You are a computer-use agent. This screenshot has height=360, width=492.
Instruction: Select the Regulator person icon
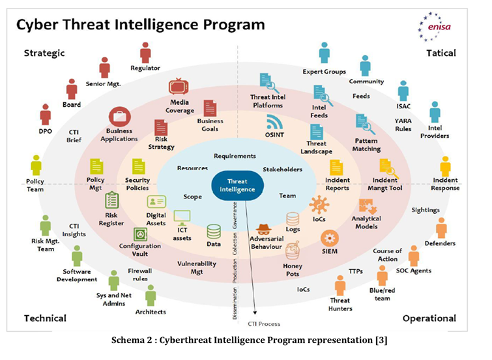(145, 52)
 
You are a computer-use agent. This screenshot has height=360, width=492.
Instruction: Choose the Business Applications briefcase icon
(119, 117)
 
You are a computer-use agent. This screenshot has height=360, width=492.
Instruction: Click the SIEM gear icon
(329, 237)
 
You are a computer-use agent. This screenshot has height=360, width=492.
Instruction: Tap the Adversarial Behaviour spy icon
(265, 230)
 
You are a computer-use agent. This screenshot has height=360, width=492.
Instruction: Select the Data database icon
(214, 231)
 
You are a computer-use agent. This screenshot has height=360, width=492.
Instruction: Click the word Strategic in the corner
(44, 53)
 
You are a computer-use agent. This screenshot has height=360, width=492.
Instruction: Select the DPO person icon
(45, 114)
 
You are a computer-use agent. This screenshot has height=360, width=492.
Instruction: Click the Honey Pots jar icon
(292, 251)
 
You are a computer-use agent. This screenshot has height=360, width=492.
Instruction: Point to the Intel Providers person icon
(435, 112)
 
